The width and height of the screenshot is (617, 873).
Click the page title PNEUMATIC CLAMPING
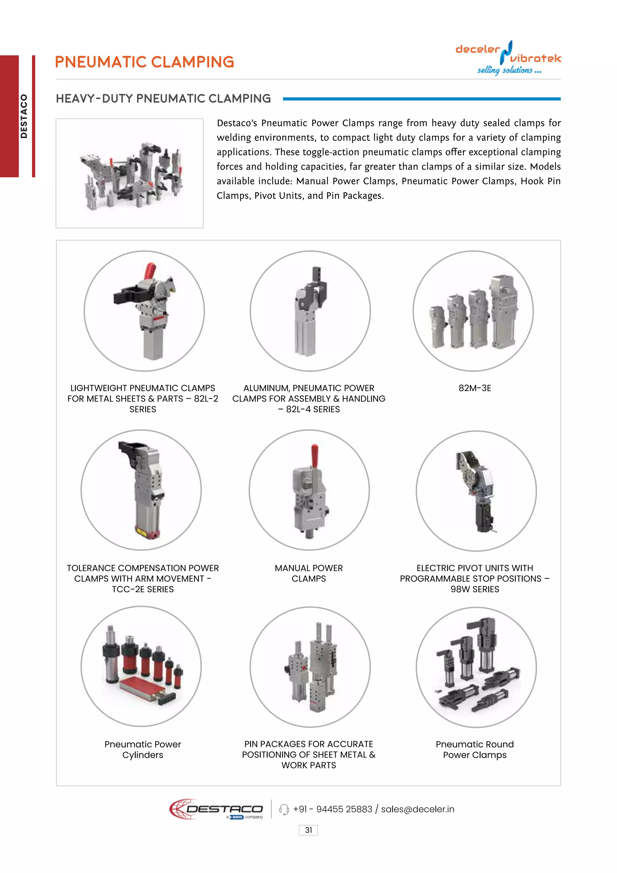[x=144, y=62]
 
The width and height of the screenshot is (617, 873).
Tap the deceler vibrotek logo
[x=508, y=58]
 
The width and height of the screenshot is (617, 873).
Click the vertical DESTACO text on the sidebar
[x=24, y=116]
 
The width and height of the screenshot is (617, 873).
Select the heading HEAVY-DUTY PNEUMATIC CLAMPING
[x=163, y=99]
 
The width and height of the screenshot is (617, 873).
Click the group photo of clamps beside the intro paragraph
[x=130, y=173]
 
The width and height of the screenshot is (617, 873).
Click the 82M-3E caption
[x=474, y=388]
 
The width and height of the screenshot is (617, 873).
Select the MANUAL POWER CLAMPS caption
[x=308, y=573]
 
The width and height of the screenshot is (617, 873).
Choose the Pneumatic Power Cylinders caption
[x=143, y=749]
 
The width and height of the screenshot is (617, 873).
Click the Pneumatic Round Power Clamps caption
[x=474, y=749]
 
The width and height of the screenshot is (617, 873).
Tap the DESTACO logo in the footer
[x=217, y=809]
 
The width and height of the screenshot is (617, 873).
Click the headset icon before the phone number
[x=284, y=809]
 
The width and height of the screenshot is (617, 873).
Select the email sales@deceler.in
[x=418, y=809]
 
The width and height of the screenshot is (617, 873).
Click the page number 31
[x=308, y=830]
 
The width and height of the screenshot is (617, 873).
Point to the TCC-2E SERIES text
[x=143, y=589]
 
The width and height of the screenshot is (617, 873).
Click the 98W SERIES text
[x=474, y=589]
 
